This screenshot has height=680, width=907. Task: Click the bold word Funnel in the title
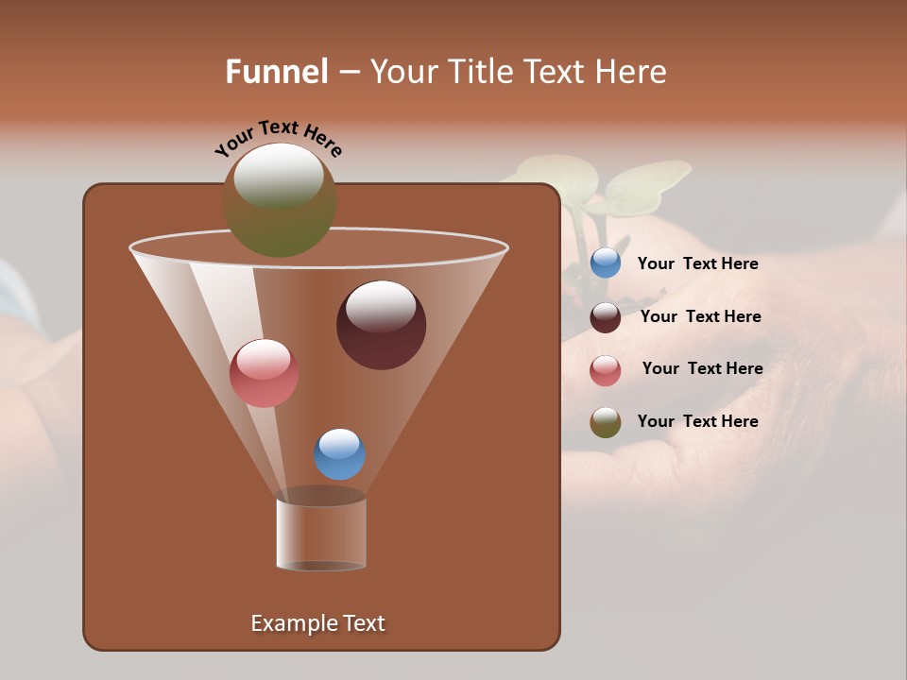(x=277, y=72)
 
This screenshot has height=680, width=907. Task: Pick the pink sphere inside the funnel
(x=264, y=374)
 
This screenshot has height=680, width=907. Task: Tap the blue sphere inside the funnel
(x=339, y=454)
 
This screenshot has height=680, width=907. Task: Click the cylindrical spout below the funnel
(x=321, y=534)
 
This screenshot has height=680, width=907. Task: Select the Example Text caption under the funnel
(x=317, y=623)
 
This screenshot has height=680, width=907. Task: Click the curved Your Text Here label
(x=278, y=138)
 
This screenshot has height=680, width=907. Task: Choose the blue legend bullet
(x=606, y=263)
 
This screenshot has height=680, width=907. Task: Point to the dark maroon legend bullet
(x=606, y=317)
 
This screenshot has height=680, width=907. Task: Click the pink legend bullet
(x=606, y=370)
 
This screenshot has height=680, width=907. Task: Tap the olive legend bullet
(x=606, y=422)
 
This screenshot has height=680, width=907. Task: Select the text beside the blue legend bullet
(x=697, y=264)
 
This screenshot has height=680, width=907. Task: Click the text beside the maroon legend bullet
(x=700, y=317)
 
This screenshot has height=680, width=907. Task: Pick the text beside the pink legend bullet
(x=702, y=369)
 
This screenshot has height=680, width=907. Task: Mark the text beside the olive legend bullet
(x=697, y=421)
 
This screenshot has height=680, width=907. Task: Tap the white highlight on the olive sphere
(x=279, y=177)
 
